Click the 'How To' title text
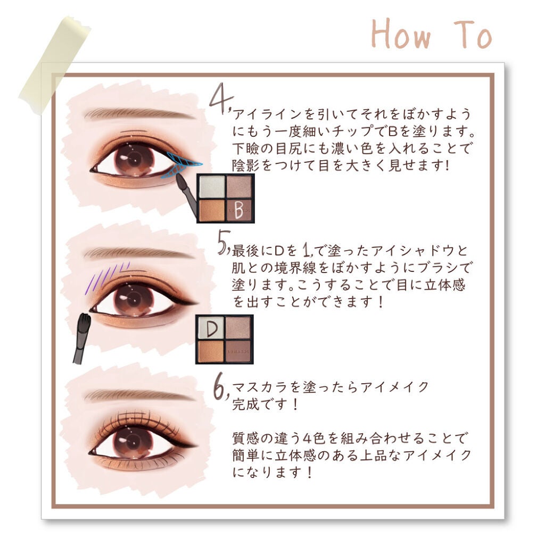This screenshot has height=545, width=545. pos(431,35)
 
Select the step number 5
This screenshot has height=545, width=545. pos(222,245)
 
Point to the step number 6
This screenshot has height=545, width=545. pos(220,389)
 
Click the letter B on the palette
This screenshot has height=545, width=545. pos(239,210)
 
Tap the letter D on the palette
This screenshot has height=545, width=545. pos(211,329)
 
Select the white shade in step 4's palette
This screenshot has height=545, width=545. pos(211,186)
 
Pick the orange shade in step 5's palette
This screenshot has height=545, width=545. pos(211,351)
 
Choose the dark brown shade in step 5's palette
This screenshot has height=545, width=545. pos(238,351)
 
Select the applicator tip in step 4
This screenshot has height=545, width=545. pos(180,181)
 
